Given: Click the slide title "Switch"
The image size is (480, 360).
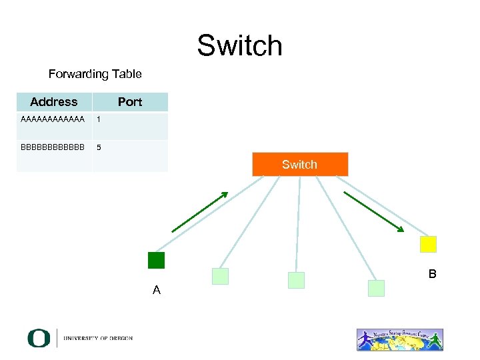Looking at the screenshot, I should click(x=239, y=46).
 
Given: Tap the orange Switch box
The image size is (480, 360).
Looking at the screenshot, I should click(x=300, y=164).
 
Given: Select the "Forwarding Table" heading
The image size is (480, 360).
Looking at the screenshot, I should click(x=95, y=74).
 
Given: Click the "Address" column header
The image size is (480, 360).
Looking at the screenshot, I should click(x=53, y=102).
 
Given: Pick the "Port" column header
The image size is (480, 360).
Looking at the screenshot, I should click(x=130, y=102).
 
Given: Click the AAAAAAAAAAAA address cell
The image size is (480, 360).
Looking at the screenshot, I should click(x=53, y=120).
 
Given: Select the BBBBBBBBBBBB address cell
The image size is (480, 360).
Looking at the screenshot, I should click(x=53, y=147).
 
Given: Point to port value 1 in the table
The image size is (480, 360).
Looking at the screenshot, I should click(x=99, y=120).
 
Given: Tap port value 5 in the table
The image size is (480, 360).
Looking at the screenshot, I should click(x=99, y=147).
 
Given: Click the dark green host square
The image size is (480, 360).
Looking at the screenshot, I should click(x=156, y=260).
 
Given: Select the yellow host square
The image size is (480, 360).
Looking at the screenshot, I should click(x=428, y=244).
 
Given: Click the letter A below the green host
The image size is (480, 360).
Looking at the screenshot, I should click(x=156, y=290).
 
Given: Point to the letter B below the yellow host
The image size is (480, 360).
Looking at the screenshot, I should click(x=433, y=274).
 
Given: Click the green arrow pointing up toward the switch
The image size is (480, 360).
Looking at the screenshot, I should click(x=199, y=212).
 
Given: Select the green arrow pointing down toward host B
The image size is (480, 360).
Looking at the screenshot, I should click(x=373, y=212).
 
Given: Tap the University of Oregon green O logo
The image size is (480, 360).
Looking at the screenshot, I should click(x=39, y=338).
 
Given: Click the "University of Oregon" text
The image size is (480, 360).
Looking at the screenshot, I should click(x=98, y=339).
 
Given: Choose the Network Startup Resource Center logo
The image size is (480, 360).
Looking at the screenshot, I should click(x=399, y=339).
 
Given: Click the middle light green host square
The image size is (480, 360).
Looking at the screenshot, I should click(x=296, y=280).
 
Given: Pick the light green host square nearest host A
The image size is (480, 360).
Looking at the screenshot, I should click(x=220, y=276).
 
